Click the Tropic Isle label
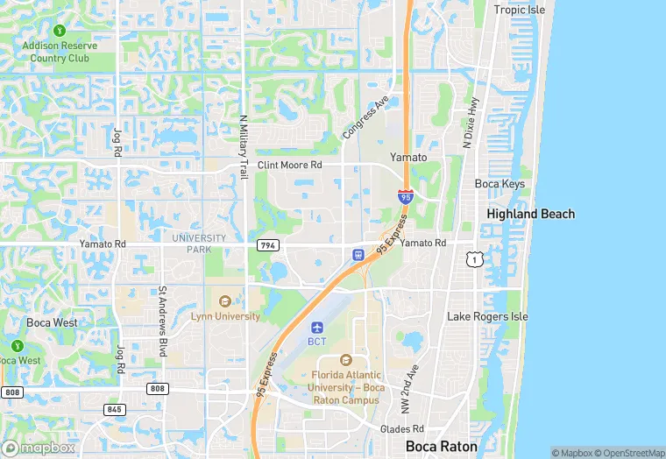point(519,10)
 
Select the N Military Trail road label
point(244,147)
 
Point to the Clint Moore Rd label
point(289,165)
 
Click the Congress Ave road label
point(365,118)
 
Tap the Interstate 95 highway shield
point(405,197)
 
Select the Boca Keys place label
point(499,184)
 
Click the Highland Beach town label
point(531,214)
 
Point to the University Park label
point(199,244)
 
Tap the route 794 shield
point(268,245)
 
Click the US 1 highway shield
point(474,259)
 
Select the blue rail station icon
point(358,255)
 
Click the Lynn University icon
point(225,302)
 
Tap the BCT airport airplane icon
point(316,327)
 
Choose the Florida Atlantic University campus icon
point(345,360)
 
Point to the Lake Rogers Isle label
point(487,316)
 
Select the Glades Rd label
point(402,429)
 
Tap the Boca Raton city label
point(442,446)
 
